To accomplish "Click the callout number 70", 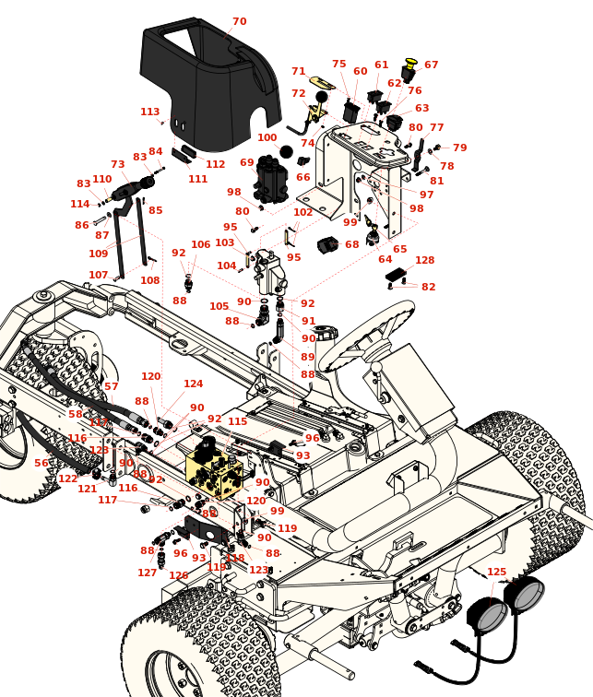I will tap(239, 21).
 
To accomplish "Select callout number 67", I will tap(431, 65).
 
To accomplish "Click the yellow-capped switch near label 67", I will tap(409, 70).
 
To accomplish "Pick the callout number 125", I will tap(496, 573).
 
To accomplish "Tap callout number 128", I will tap(424, 261).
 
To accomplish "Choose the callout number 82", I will tap(428, 287).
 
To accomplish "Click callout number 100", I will tap(267, 137).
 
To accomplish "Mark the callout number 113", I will tap(149, 112).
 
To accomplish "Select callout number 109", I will tap(98, 254).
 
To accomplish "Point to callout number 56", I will tap(42, 463).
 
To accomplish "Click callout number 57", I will tap(111, 386).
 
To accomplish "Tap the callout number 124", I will tap(193, 384).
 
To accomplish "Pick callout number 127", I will tap(147, 573).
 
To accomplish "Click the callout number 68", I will tap(351, 244).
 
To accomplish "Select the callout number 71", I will tap(298, 71).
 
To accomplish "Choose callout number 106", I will tap(200, 244).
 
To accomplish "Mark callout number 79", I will tap(459, 148).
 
